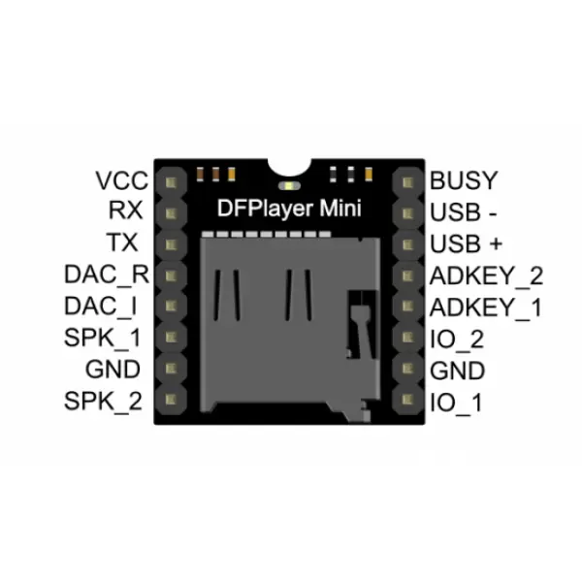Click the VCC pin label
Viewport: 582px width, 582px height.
121,180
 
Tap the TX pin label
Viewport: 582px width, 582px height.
129,242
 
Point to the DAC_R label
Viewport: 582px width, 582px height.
107,275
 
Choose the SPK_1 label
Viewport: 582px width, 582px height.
104,338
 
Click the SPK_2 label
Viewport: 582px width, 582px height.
104,400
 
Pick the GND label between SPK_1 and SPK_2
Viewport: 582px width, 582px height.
114,369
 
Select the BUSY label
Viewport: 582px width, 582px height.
464,180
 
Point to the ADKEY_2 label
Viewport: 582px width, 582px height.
486,275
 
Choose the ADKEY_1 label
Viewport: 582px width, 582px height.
485,307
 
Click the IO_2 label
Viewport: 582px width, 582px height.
456,339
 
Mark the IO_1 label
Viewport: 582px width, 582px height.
455,401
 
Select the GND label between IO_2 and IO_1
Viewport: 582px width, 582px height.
458,370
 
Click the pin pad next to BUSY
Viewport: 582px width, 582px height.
405,181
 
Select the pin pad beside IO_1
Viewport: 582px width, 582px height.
405,400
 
